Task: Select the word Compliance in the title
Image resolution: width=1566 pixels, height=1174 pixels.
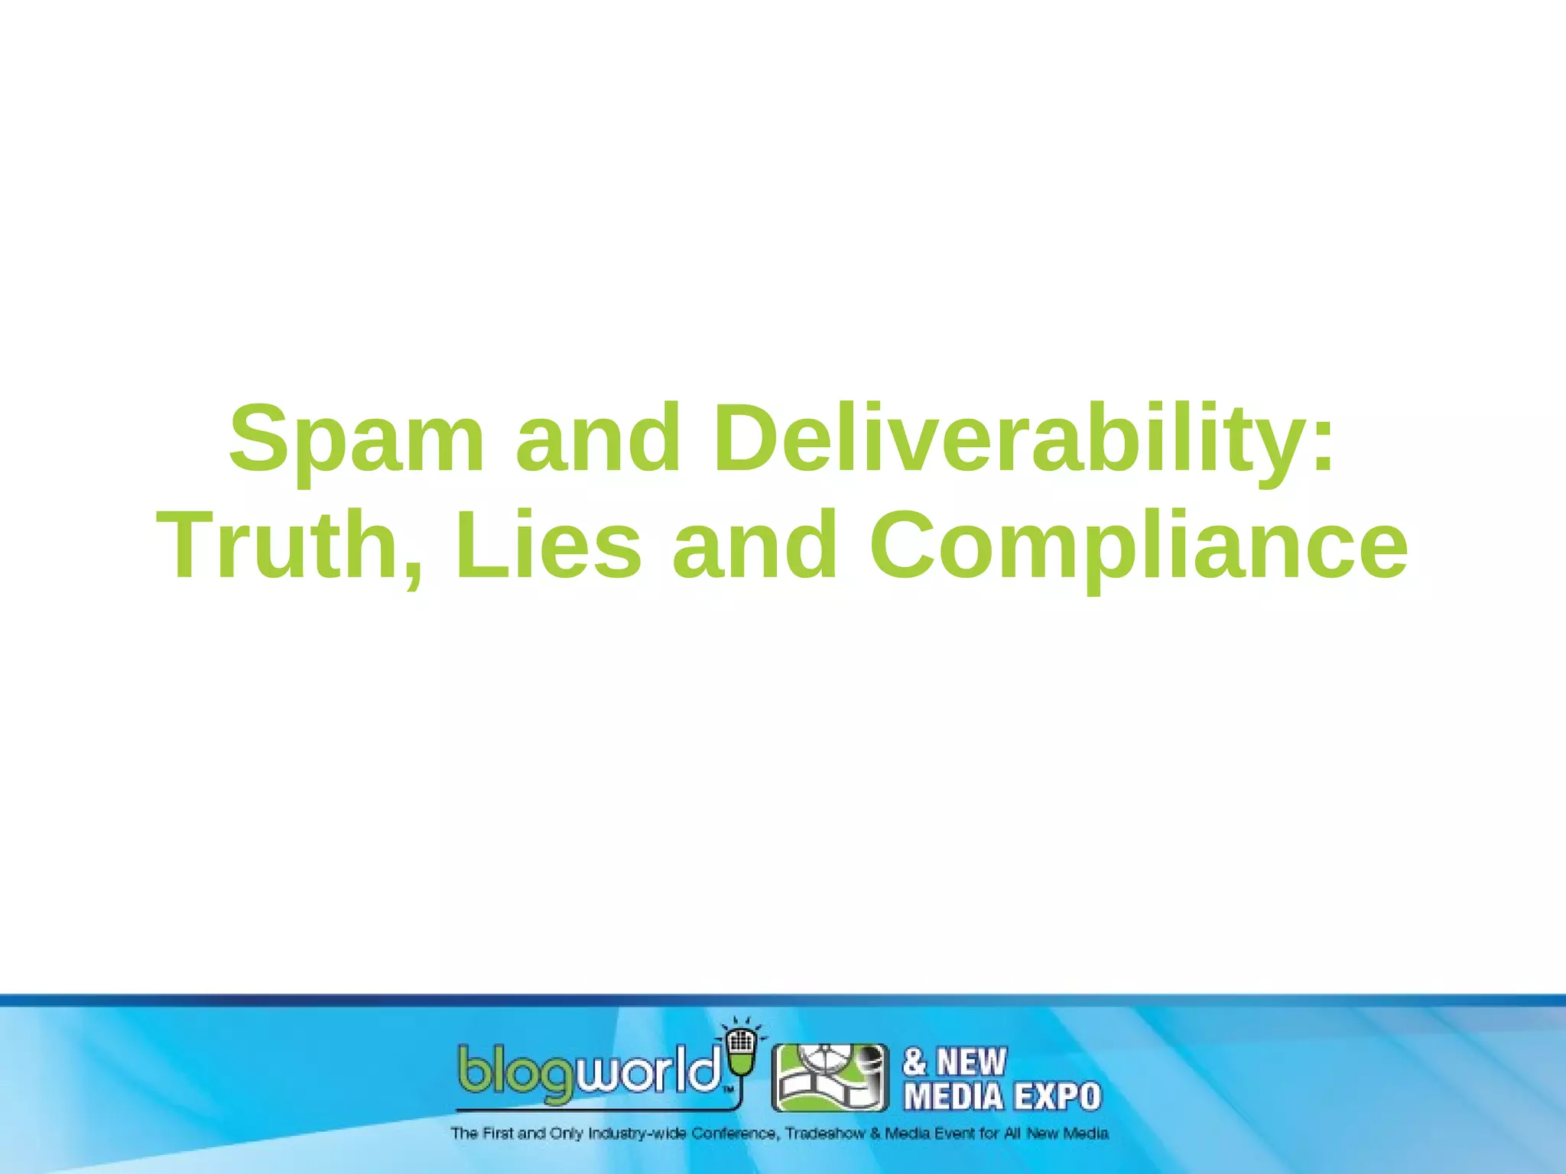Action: click(1138, 545)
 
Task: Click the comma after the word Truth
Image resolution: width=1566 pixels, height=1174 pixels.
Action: click(414, 569)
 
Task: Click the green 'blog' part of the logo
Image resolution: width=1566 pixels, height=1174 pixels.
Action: click(515, 1074)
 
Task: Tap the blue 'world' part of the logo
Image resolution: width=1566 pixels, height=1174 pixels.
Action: click(649, 1070)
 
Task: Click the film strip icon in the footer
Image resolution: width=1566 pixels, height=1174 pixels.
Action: click(830, 1078)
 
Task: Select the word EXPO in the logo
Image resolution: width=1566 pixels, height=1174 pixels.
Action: click(1058, 1097)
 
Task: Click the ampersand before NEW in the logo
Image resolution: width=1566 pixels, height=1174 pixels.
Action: click(915, 1062)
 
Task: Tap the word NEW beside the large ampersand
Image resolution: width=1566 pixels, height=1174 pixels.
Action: click(972, 1062)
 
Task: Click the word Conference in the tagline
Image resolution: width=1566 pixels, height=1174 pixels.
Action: click(735, 1133)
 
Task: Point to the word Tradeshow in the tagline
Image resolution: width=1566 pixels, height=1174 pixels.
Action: click(825, 1133)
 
